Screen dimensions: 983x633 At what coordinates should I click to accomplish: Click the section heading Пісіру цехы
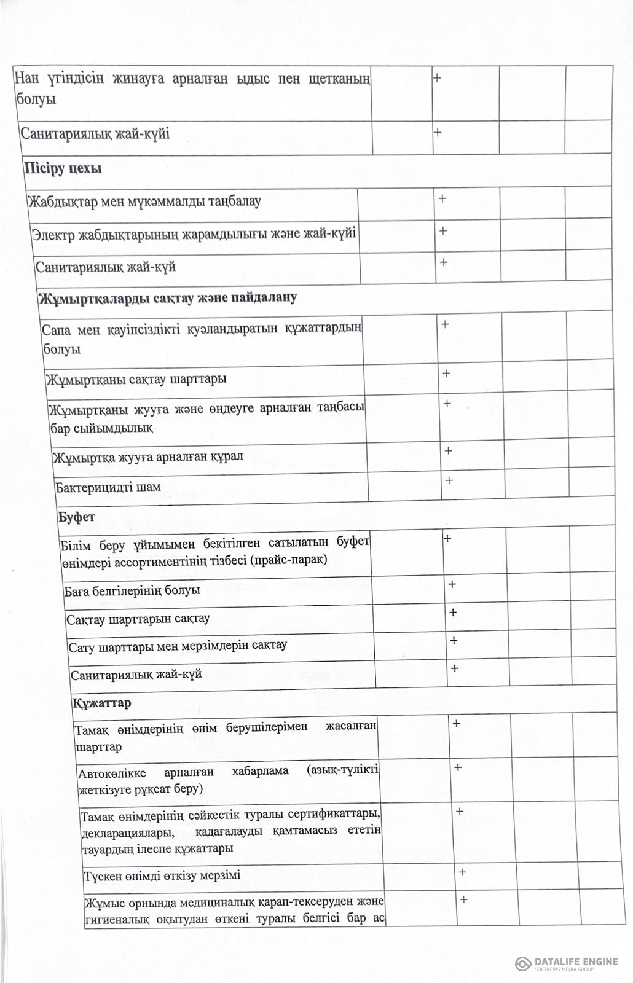(63, 168)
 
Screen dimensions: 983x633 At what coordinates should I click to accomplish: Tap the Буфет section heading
(76, 517)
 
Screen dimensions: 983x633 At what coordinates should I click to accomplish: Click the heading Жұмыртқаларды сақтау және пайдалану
(168, 298)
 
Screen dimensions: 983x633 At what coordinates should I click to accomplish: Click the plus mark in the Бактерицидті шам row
(449, 480)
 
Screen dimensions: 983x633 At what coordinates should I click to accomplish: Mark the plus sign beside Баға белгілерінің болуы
(452, 584)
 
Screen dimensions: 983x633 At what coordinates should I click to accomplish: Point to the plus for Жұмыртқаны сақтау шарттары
(446, 373)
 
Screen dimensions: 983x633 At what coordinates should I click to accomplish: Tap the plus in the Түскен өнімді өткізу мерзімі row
(462, 872)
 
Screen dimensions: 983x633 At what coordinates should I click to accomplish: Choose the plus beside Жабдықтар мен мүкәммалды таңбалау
(442, 198)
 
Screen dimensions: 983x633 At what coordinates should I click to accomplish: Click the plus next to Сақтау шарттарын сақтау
(453, 613)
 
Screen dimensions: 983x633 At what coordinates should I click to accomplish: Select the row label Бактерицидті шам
(108, 487)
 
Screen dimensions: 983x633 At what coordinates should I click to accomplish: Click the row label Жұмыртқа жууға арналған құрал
(148, 457)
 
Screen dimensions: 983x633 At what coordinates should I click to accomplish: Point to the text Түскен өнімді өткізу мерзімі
(162, 875)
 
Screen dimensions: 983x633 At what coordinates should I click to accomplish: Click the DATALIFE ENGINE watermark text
(576, 961)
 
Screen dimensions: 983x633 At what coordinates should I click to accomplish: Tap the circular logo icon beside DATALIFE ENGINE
(524, 963)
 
